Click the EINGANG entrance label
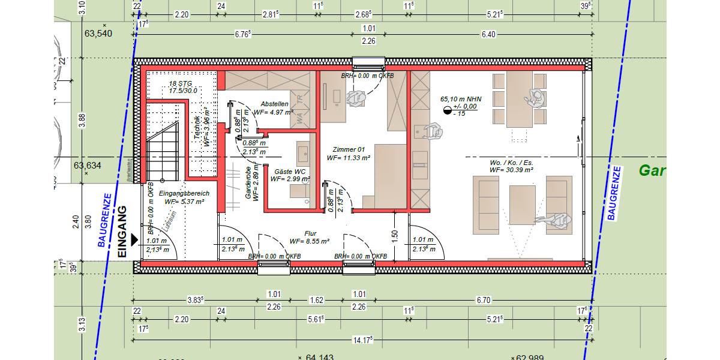[x=122, y=232]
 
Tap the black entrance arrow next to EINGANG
[x=134, y=240]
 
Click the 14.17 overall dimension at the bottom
[x=362, y=340]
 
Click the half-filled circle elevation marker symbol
[x=446, y=110]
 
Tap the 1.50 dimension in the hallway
[x=395, y=235]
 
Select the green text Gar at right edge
[x=652, y=171]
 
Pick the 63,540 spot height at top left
[x=98, y=34]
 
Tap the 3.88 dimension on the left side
[x=82, y=121]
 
